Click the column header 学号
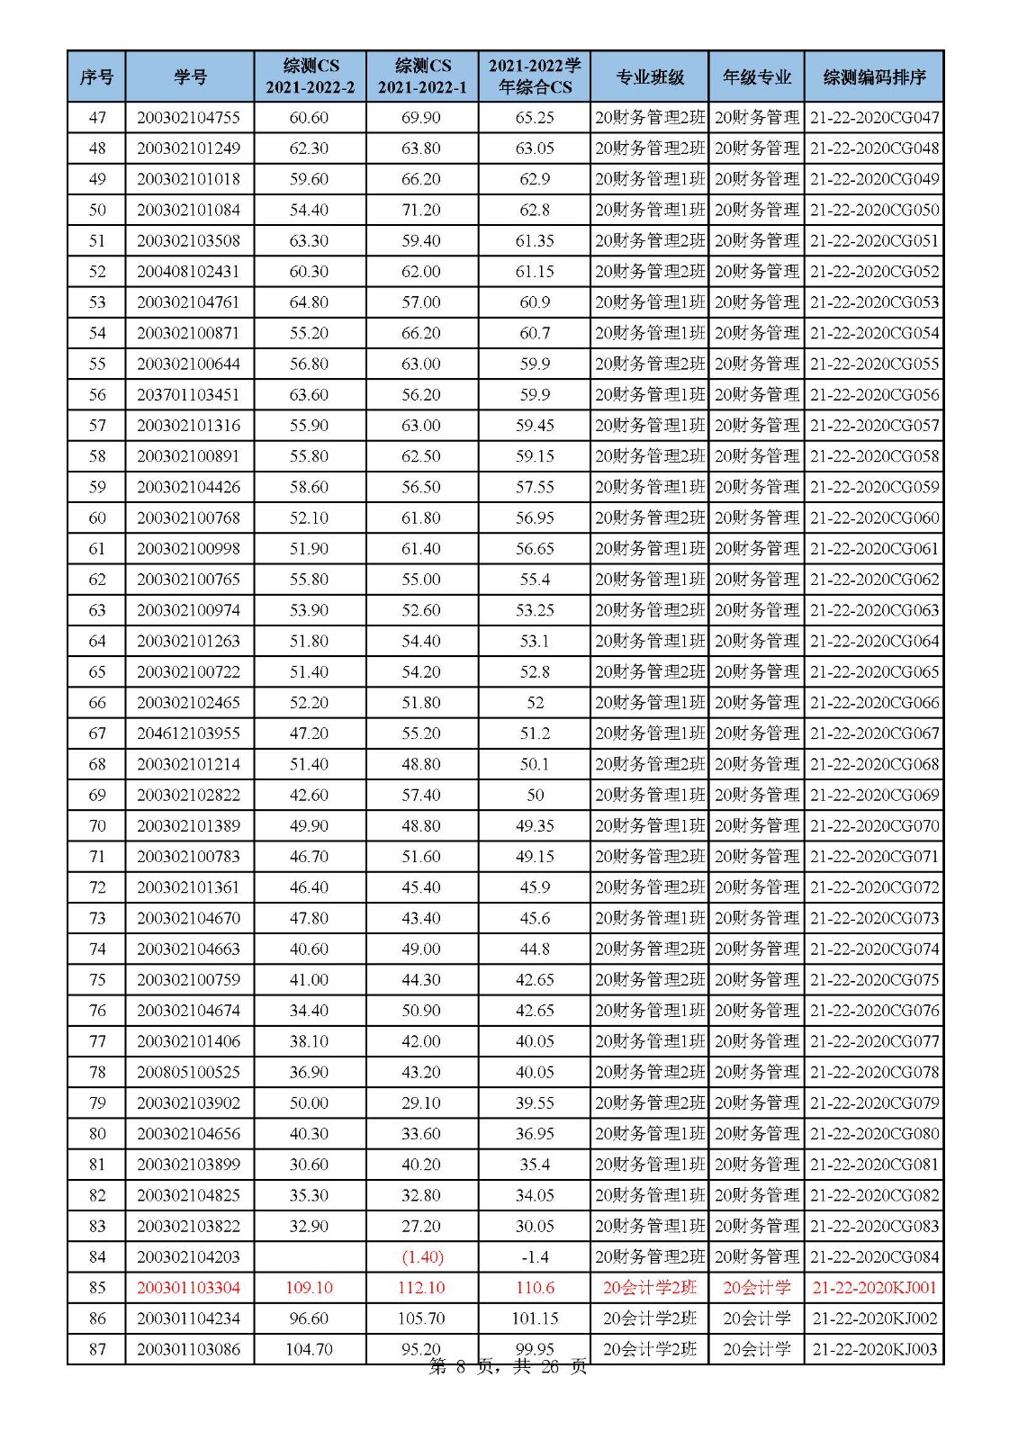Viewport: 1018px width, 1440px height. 189,76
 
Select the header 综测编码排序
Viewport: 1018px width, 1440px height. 874,76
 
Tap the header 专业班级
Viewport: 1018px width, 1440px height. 650,76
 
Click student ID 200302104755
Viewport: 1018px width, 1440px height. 189,118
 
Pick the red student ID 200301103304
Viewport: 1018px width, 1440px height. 189,1288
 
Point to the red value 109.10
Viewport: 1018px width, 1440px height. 309,1288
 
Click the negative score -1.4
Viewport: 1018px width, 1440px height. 535,1257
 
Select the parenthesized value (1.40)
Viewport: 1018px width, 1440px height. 421,1257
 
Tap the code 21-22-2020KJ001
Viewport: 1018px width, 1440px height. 874,1288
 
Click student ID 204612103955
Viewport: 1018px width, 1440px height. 189,733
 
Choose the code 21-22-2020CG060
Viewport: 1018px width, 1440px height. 874,517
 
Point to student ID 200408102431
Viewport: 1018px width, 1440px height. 189,272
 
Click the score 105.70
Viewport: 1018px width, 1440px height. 421,1318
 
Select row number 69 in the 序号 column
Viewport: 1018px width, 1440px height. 97,795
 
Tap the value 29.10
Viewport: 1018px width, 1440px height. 421,1103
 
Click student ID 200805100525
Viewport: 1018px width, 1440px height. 189,1072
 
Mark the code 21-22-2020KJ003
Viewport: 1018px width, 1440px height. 874,1349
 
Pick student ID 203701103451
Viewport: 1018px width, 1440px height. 189,394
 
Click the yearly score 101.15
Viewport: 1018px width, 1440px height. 535,1318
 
